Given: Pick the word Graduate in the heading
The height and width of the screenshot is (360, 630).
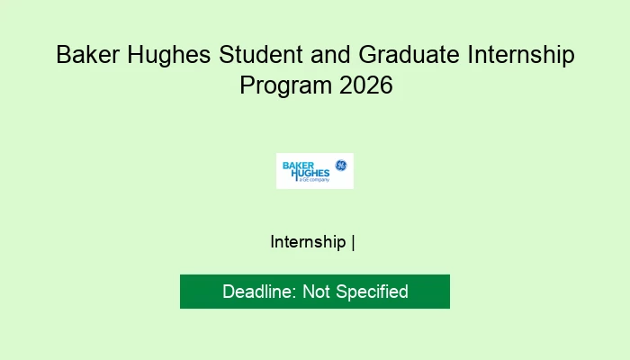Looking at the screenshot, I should tap(397, 55).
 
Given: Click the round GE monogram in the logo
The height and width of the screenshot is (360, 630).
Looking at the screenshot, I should tap(341, 166).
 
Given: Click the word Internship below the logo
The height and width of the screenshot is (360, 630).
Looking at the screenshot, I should tap(309, 242).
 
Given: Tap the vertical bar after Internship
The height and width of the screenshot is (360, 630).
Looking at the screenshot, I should tap(354, 242).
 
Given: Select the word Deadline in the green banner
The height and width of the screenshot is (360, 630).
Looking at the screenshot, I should tap(258, 292).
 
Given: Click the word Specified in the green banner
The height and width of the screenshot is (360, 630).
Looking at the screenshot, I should tap(373, 292).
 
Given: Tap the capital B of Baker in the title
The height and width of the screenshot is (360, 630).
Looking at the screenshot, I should tap(64, 55).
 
